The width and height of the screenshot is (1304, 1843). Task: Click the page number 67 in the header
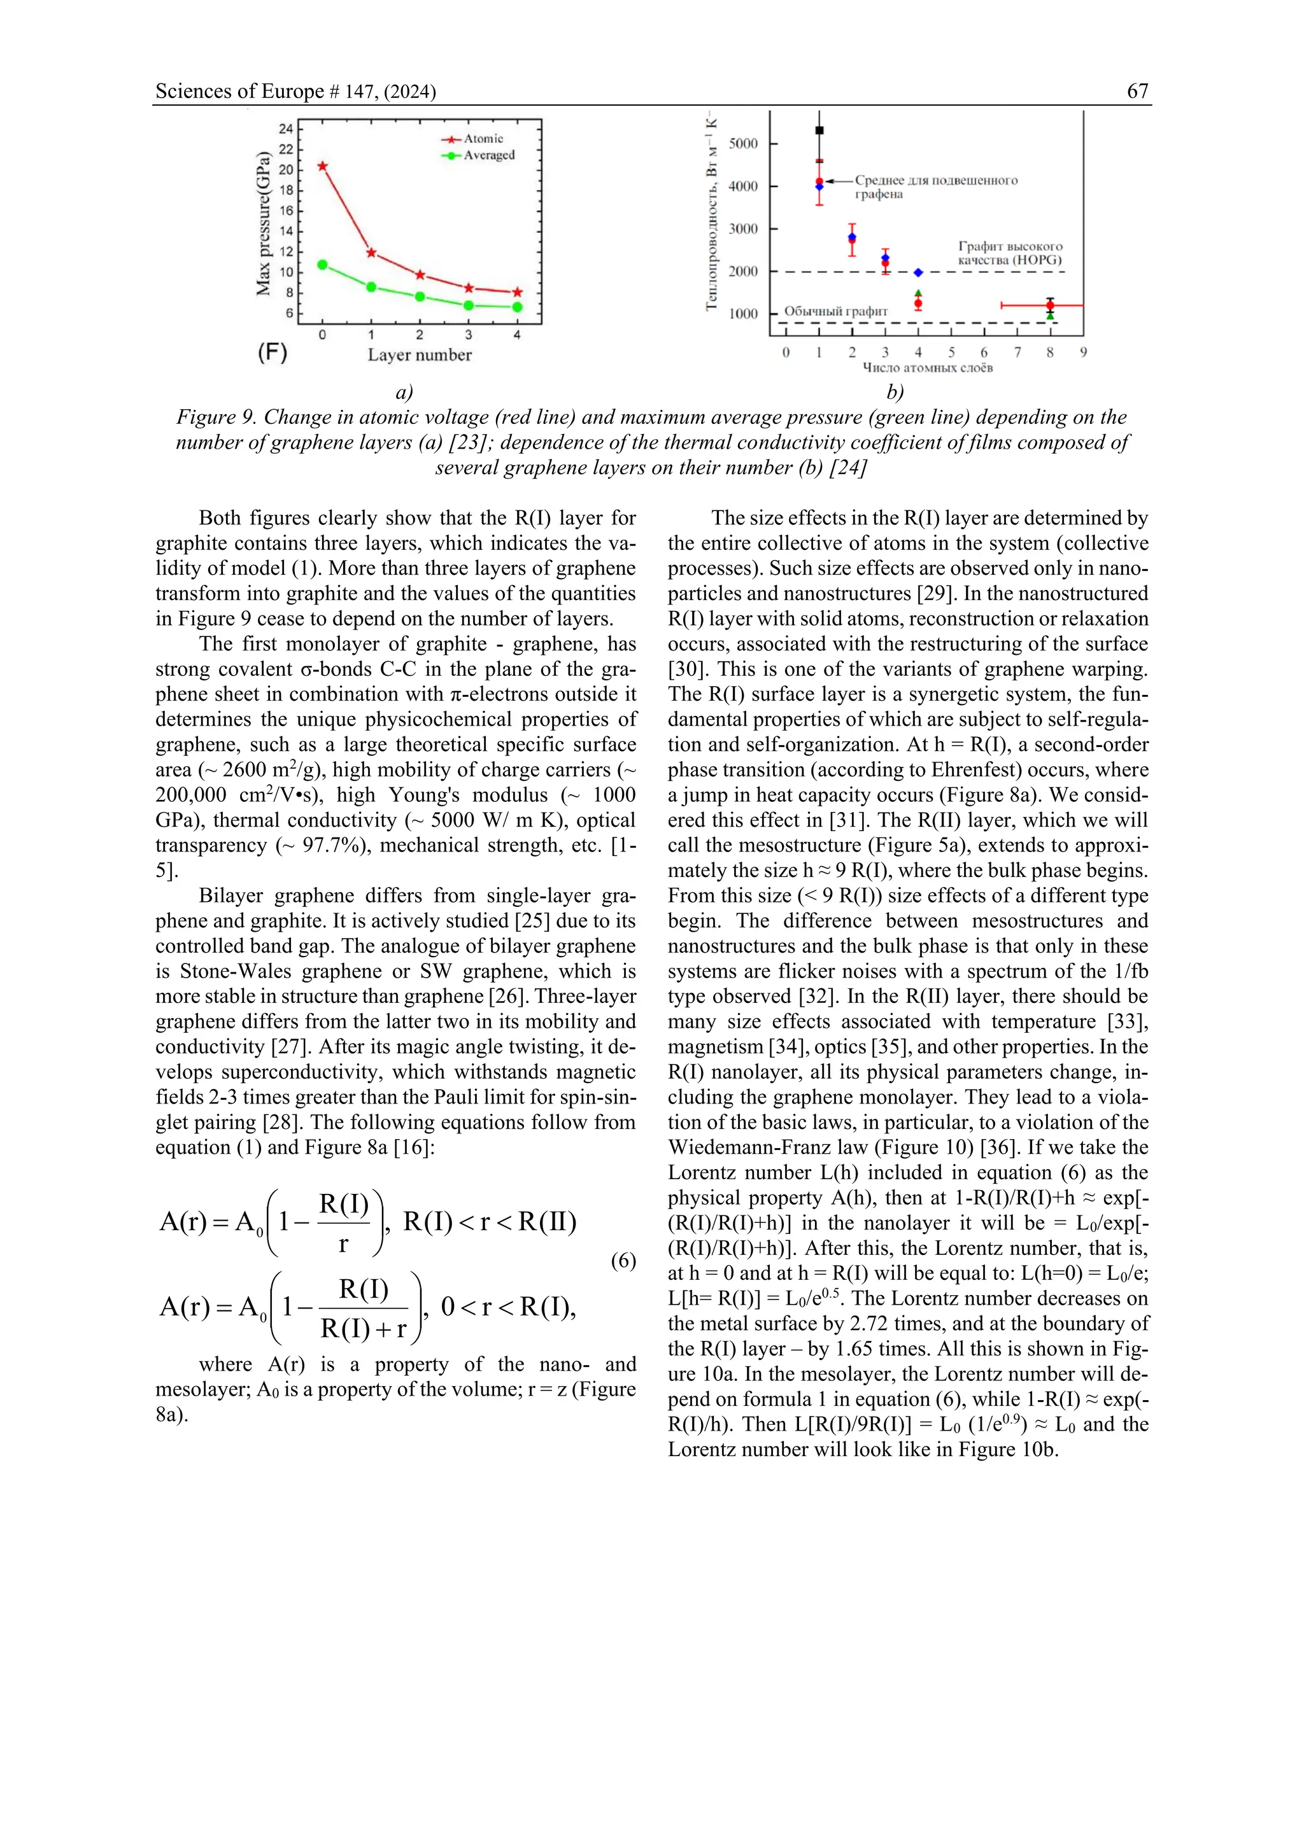pos(1137,91)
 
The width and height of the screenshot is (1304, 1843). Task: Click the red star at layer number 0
pos(323,166)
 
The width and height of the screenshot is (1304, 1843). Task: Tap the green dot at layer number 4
pos(517,307)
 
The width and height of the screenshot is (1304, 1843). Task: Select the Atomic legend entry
pos(483,139)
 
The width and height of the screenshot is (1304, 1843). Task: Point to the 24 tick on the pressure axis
pos(286,129)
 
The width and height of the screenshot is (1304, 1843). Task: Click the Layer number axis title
pos(419,355)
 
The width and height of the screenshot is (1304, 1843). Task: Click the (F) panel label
pos(273,351)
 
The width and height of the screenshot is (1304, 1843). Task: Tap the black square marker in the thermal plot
pos(819,130)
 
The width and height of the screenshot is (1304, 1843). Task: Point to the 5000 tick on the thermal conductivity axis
pos(743,144)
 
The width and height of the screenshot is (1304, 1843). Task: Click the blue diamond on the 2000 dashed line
pos(918,273)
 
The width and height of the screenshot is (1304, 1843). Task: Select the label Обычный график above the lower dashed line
pos(836,311)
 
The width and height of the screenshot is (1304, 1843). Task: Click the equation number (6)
pos(623,1260)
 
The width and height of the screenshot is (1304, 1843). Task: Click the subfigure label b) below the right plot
pos(895,392)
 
